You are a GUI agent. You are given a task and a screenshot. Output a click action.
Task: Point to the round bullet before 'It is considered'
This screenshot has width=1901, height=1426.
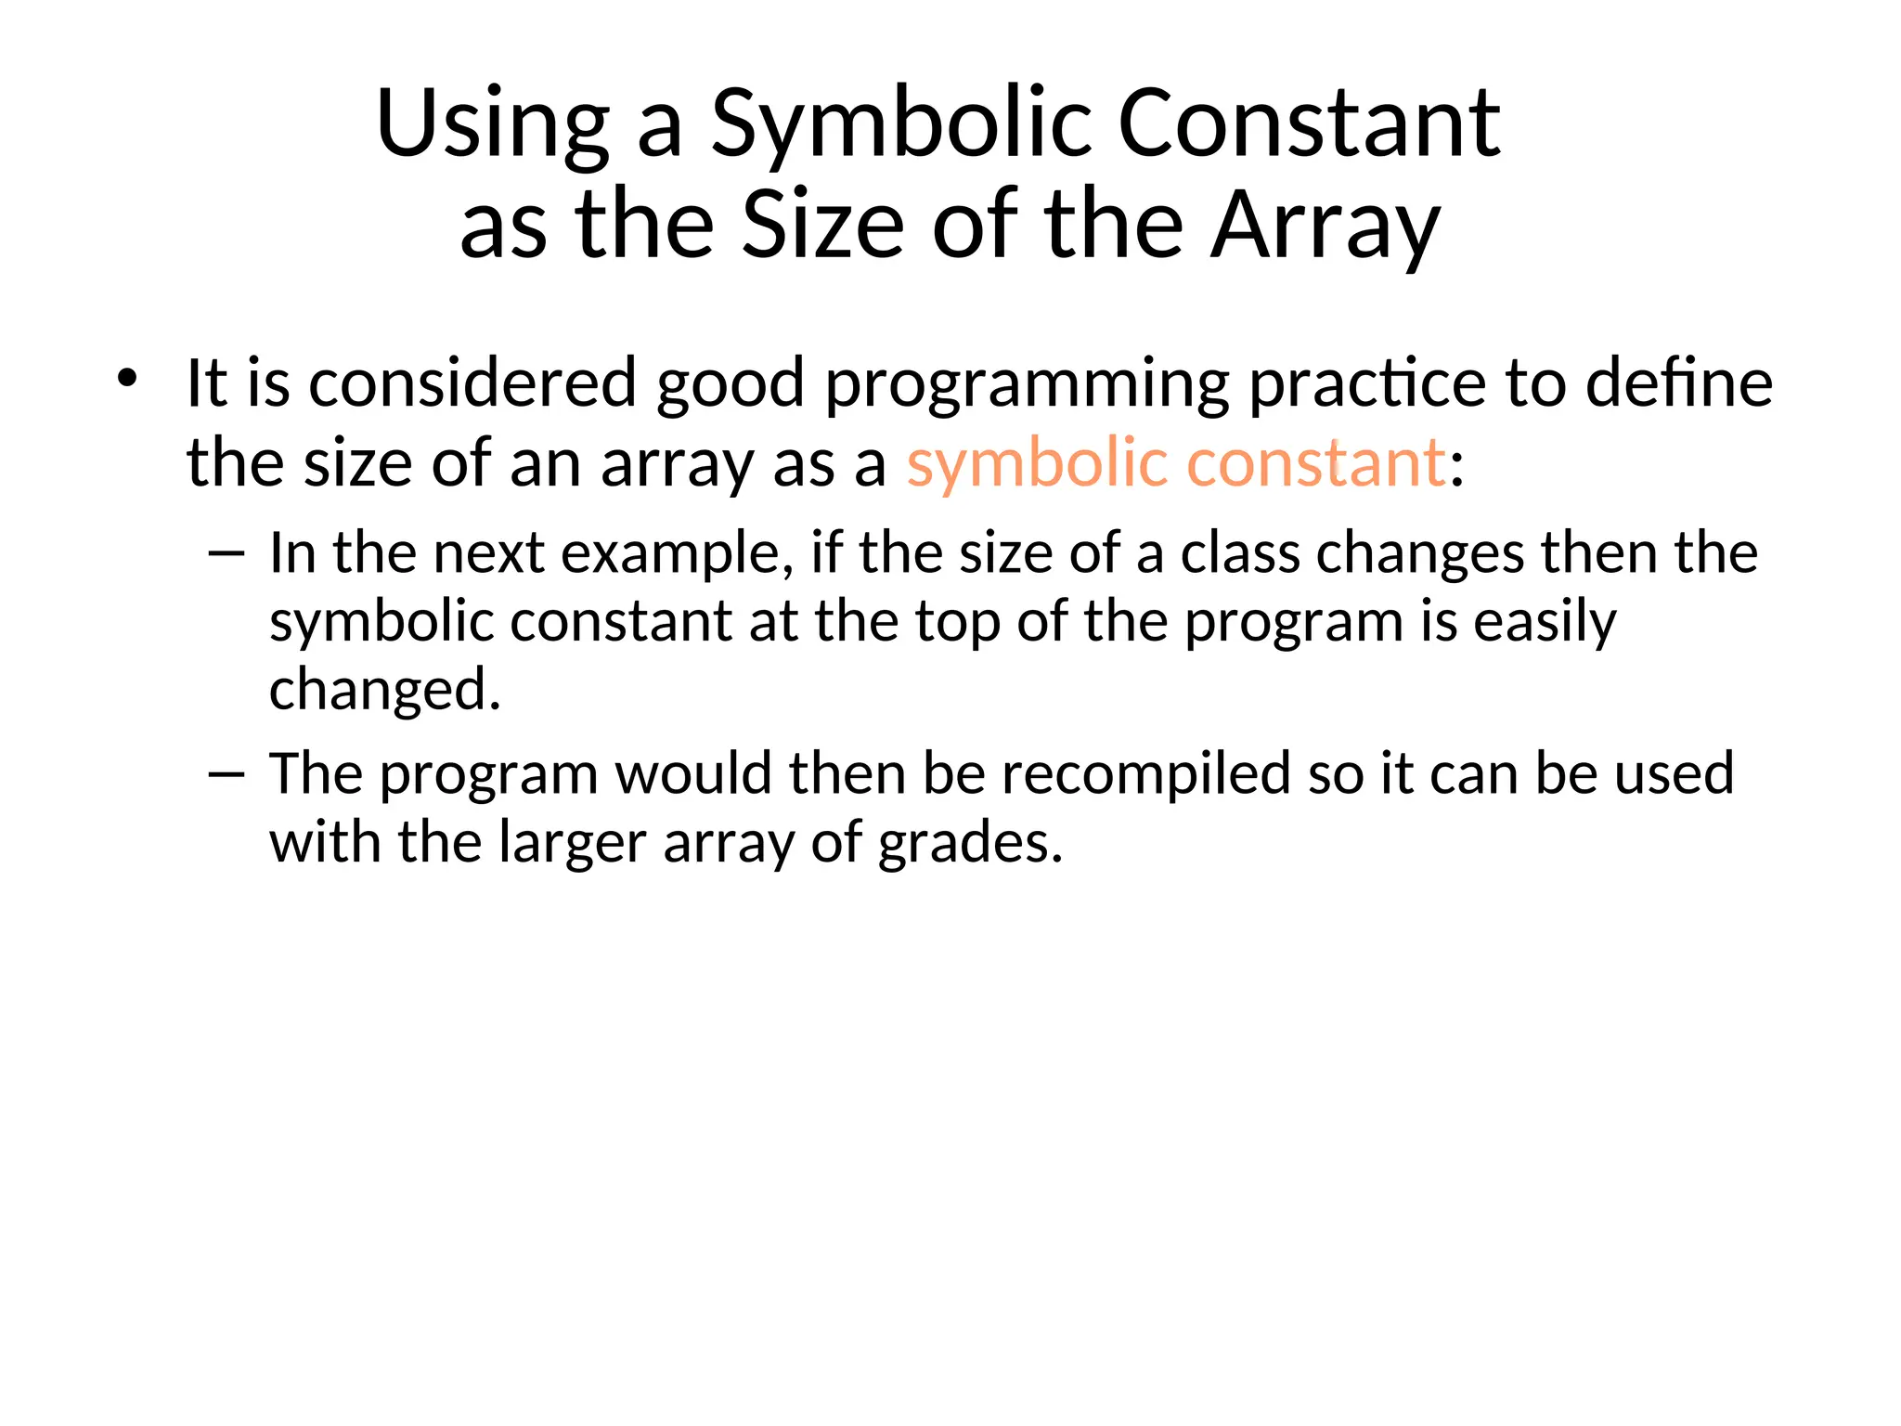tap(127, 379)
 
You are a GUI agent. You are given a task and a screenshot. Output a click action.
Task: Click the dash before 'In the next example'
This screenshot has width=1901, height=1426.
tap(226, 554)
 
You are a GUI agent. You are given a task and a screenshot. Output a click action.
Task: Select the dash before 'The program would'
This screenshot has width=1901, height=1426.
tap(226, 774)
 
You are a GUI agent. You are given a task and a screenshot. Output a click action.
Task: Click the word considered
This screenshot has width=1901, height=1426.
tap(472, 382)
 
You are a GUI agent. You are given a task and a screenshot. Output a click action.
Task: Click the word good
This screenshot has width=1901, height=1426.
tap(730, 384)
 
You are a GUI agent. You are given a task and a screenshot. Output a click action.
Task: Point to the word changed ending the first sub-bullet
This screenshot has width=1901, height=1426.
tap(384, 690)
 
